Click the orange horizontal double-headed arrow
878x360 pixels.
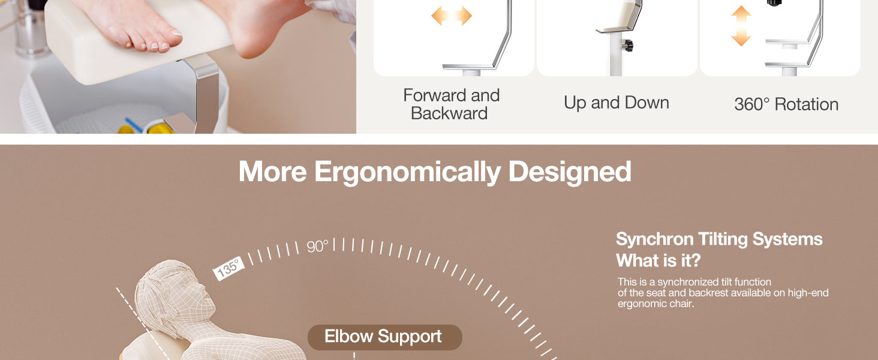452,16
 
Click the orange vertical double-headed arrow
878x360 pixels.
741,26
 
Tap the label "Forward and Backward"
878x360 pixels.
451,104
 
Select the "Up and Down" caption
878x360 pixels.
616,103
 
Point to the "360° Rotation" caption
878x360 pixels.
786,104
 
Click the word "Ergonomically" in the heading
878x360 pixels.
408,172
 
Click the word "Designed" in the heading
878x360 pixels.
570,172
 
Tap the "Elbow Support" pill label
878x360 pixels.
384,337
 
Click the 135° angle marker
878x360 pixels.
228,268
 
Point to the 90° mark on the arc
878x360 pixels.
317,246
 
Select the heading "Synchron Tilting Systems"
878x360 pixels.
719,239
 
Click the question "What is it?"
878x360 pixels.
658,260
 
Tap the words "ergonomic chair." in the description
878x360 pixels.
656,304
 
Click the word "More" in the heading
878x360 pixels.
272,172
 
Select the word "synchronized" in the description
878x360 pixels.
688,282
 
